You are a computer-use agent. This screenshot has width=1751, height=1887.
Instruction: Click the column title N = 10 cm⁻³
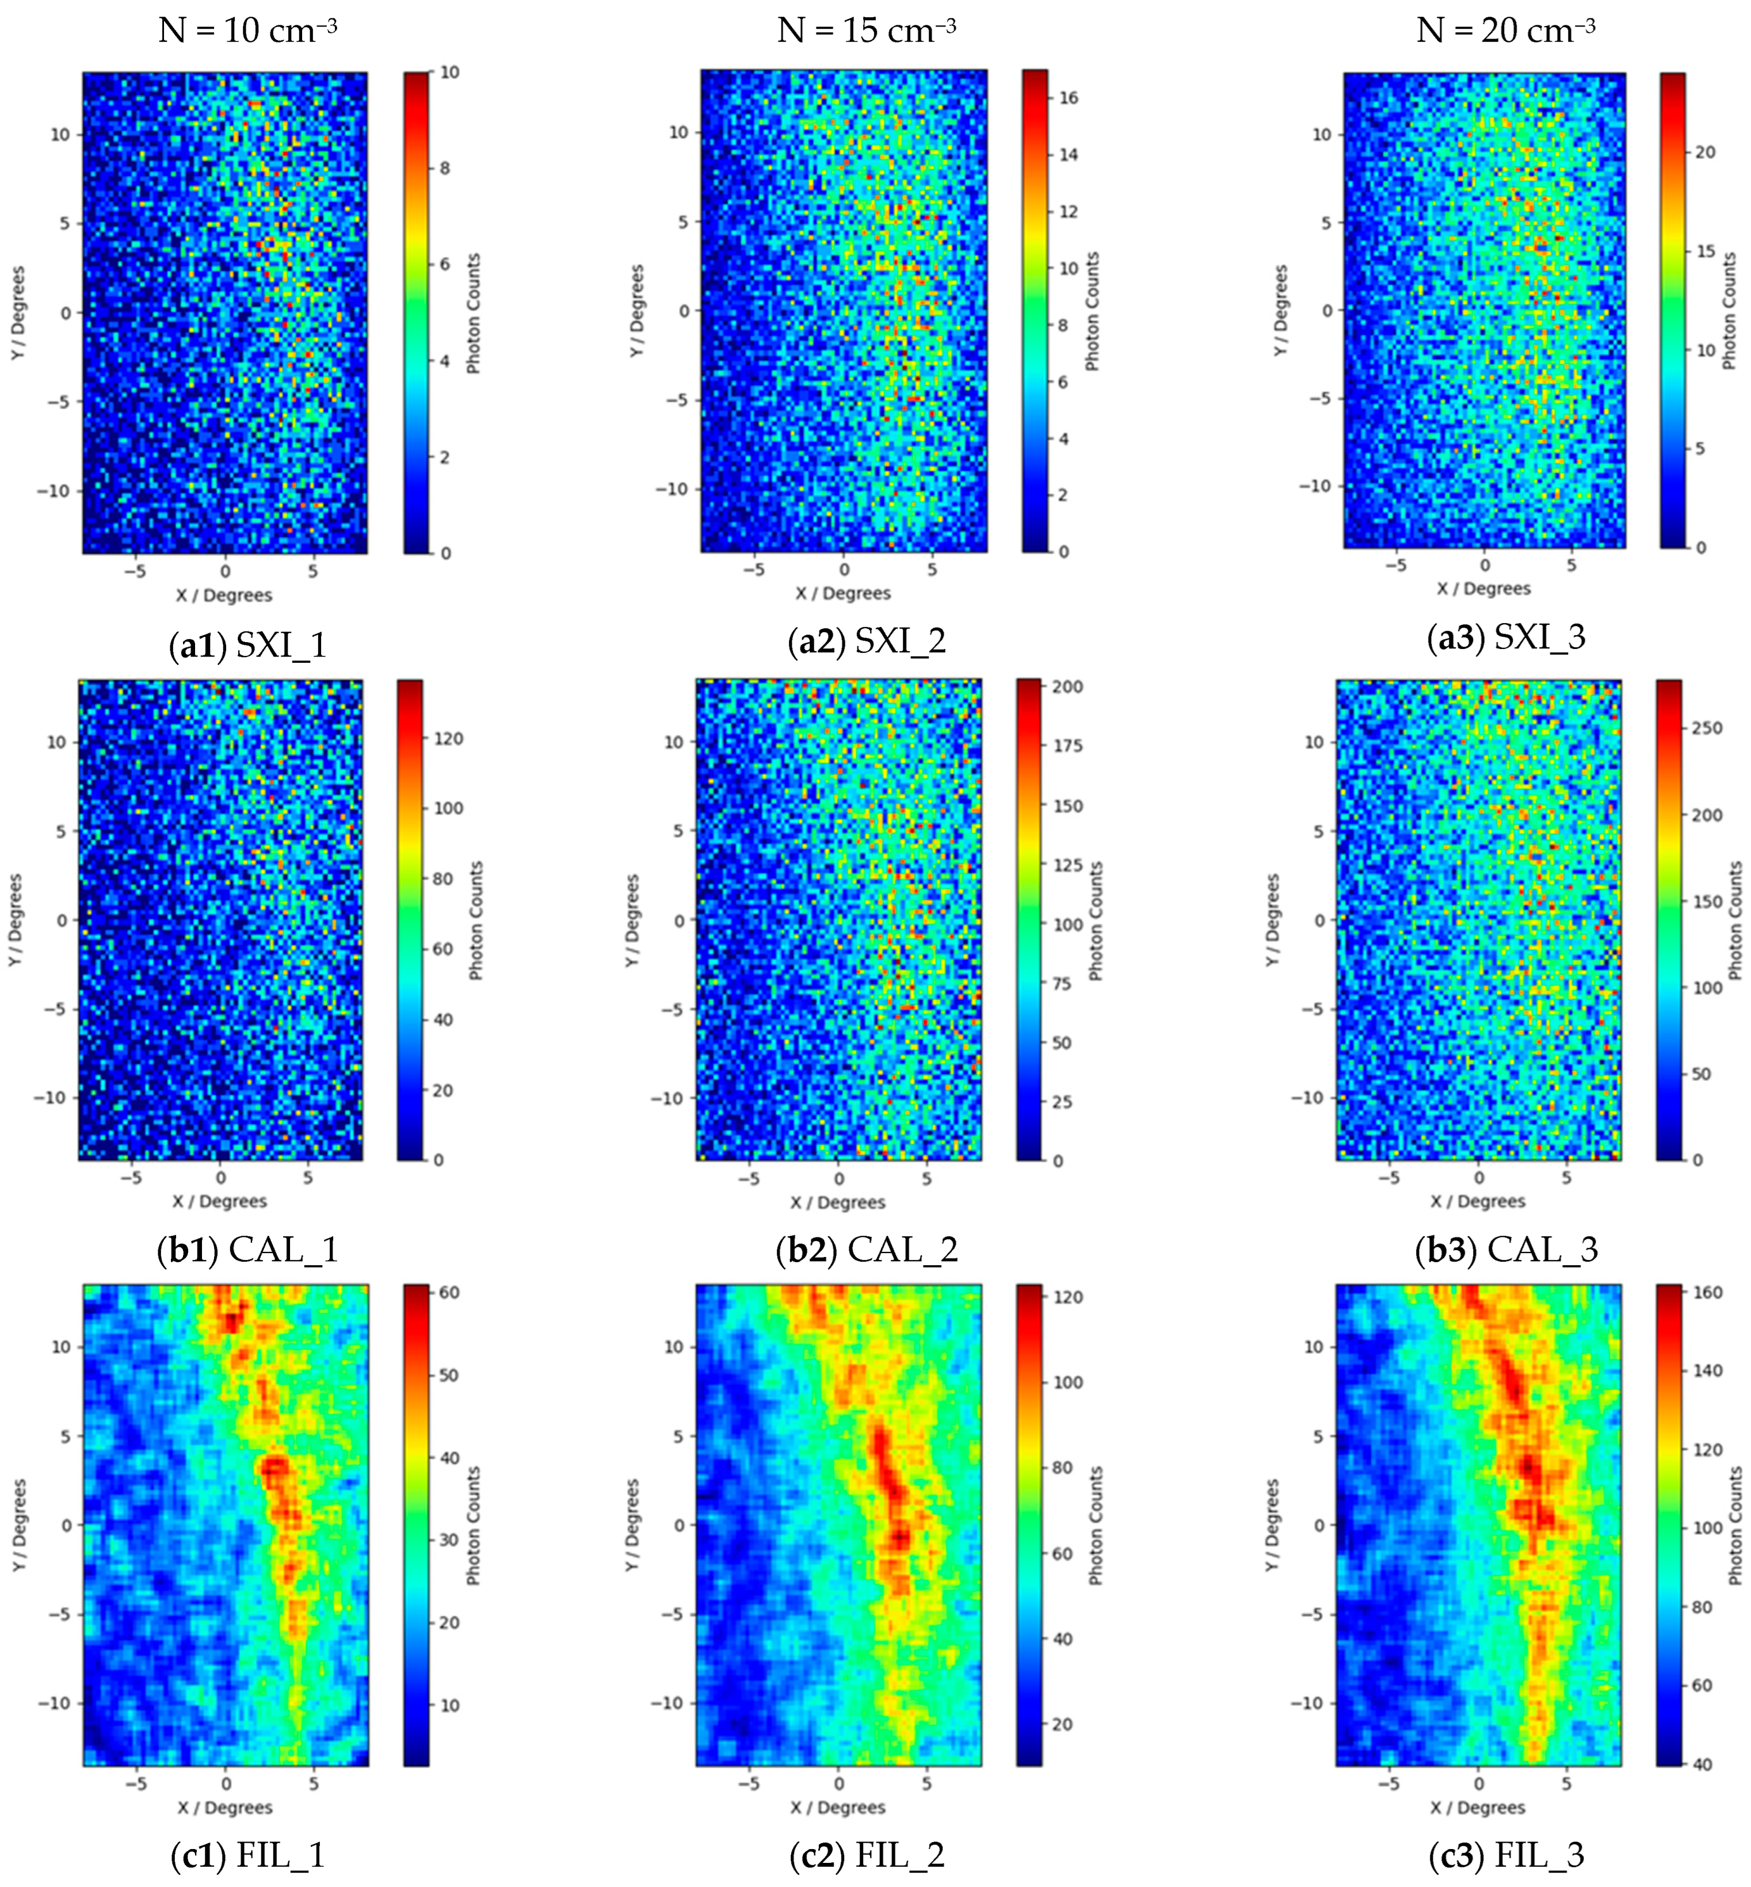(x=247, y=31)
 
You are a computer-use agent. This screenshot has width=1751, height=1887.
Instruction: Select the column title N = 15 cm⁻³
(x=866, y=31)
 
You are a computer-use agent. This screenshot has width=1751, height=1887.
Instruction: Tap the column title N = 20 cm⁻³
(x=1506, y=31)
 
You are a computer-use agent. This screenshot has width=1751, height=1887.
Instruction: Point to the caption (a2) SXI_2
(x=866, y=641)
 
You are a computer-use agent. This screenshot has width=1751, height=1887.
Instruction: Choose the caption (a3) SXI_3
(x=1506, y=637)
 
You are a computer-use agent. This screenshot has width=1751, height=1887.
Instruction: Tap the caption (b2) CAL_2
(x=866, y=1250)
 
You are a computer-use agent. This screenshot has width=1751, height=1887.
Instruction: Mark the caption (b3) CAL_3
(x=1506, y=1250)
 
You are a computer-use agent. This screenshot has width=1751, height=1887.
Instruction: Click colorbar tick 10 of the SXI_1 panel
(x=450, y=72)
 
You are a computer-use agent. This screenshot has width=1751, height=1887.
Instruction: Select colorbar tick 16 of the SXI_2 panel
(x=1068, y=98)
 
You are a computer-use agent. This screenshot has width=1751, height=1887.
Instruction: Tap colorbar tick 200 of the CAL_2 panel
(x=1068, y=687)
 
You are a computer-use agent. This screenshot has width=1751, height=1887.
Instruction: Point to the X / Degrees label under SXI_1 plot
(x=224, y=595)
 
